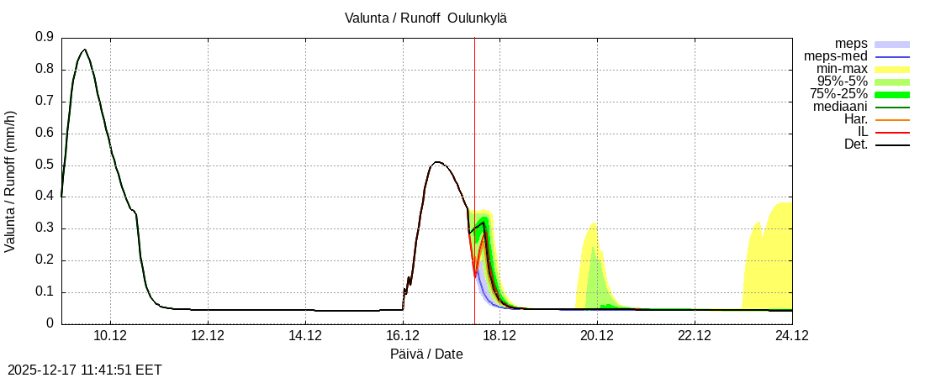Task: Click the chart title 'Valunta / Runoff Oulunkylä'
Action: pos(425,18)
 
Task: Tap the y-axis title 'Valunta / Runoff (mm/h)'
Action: pos(11,181)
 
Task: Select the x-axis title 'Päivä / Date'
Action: pos(426,354)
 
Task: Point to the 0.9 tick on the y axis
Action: pos(45,37)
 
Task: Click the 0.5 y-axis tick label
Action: pos(45,165)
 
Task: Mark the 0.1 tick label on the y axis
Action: pos(45,292)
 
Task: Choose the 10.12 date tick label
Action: pos(110,336)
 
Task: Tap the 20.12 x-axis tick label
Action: pos(597,336)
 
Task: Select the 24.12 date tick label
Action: pos(791,336)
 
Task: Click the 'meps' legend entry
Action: pos(851,44)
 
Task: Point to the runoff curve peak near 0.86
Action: pos(84,50)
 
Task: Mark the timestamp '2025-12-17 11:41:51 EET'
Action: pos(85,370)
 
